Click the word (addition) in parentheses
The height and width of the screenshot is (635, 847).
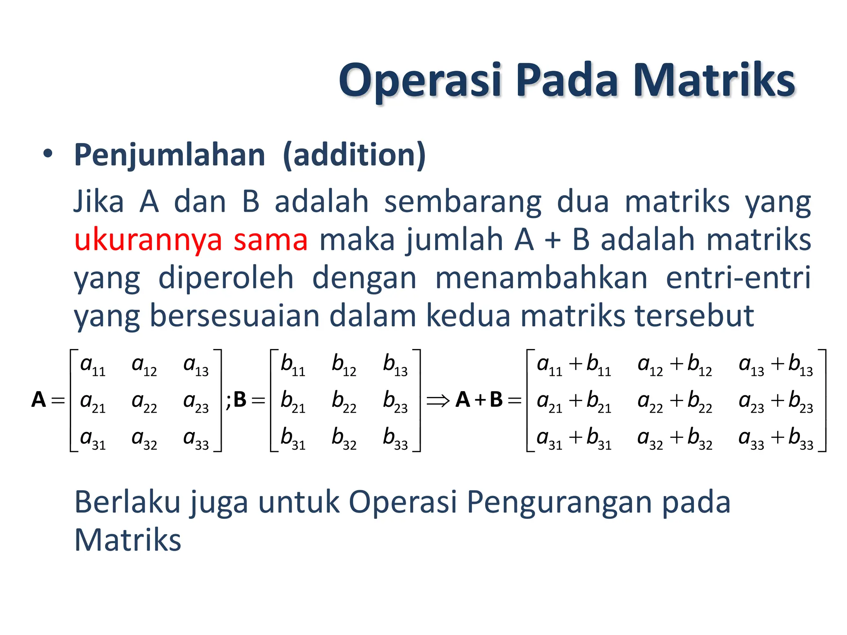click(354, 155)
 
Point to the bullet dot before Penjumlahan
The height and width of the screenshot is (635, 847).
click(48, 154)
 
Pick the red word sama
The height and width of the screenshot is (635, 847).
click(270, 240)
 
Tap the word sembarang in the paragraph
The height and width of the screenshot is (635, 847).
click(462, 203)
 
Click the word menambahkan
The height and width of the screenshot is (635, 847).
click(541, 278)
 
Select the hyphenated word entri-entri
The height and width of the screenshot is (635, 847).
click(738, 278)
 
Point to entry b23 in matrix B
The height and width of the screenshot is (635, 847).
click(395, 401)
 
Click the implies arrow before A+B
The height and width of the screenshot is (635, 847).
click(438, 400)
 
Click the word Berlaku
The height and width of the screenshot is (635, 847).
click(127, 502)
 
